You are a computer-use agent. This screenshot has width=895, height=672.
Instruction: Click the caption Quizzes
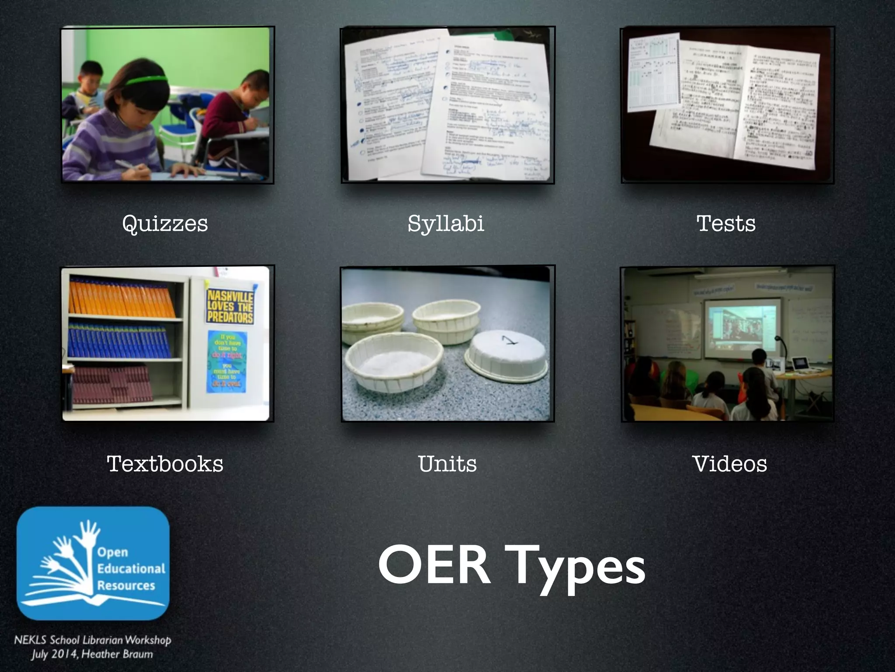coord(165,224)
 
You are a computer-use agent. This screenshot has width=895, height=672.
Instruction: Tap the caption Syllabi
coord(446,224)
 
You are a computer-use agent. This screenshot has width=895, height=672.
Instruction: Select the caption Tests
coord(726,224)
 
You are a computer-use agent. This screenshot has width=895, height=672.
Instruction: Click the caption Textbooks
coord(165,464)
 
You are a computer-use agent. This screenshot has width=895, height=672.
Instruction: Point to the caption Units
coord(447,464)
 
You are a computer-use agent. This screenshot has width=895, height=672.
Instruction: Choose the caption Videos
coord(729,464)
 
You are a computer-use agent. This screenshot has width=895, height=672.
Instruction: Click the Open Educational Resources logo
coord(93,563)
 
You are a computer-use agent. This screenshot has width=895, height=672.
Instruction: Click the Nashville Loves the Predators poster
coord(230,306)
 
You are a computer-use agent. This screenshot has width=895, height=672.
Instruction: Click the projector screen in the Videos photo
coord(742,326)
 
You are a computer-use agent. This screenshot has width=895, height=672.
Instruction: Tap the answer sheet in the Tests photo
coord(654,73)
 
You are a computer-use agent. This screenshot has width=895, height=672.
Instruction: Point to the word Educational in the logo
coord(131,569)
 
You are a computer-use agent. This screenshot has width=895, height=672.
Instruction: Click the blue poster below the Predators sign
coord(227,362)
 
